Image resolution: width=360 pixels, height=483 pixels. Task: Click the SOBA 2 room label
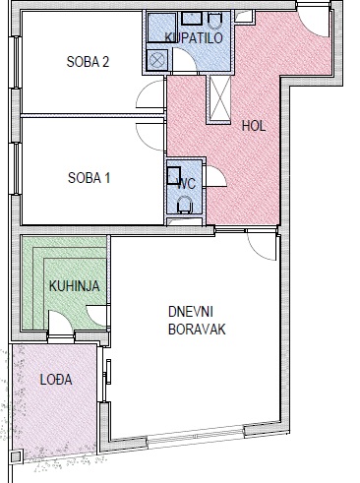88,62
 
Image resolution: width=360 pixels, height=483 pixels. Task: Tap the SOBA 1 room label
89,178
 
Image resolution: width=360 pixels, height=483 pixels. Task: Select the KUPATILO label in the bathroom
194,37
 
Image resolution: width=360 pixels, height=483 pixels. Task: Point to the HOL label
254,126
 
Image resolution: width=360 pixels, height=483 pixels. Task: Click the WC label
187,184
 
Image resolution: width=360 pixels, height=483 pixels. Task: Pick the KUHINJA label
75,286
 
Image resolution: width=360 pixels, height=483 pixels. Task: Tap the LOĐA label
56,380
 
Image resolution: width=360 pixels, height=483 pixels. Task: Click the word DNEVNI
191,312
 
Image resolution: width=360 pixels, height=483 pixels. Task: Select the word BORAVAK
197,330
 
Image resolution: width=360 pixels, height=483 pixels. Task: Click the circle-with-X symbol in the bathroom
157,60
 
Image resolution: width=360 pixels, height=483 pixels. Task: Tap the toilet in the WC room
184,204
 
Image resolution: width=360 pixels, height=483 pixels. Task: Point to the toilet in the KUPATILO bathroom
215,21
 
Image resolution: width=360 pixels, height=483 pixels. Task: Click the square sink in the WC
174,175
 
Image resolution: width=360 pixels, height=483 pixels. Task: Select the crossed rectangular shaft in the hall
220,98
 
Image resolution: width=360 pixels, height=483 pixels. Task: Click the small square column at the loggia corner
16,456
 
